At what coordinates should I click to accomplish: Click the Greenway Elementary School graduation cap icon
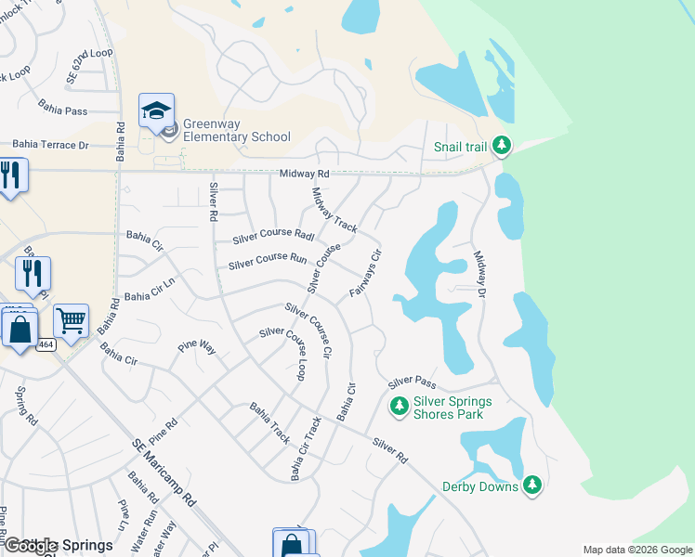point(156,110)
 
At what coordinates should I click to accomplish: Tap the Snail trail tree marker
point(502,146)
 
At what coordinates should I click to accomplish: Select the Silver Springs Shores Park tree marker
point(399,406)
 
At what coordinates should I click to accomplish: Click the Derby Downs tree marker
point(531,485)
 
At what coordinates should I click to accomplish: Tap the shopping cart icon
point(71,322)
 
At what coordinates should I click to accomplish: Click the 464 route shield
point(46,344)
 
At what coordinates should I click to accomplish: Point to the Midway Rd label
point(305,174)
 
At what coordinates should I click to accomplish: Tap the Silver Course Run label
point(268,262)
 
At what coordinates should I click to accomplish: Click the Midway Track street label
point(334,211)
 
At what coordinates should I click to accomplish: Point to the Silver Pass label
point(412,382)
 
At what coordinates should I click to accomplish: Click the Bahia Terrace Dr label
point(50,146)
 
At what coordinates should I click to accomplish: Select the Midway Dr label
point(480,274)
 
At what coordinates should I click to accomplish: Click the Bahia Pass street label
point(62,110)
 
